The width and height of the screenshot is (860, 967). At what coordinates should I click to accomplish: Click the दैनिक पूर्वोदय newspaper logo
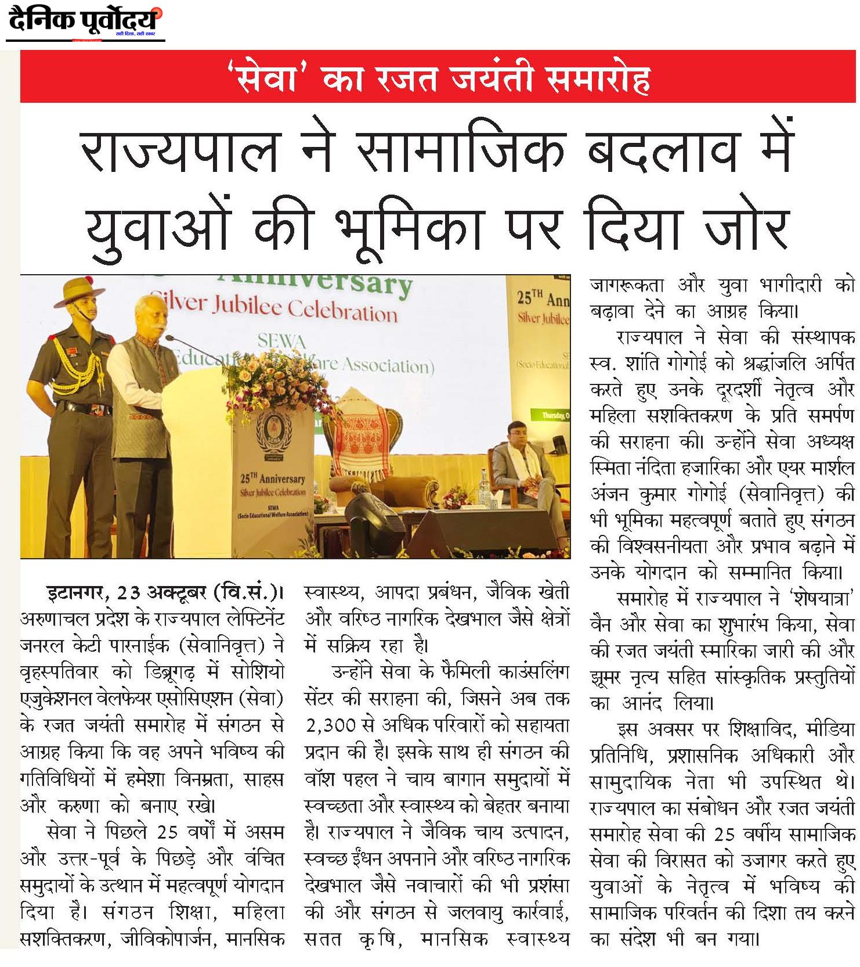[x=84, y=22]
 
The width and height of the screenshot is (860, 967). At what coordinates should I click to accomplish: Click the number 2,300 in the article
[x=328, y=725]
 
